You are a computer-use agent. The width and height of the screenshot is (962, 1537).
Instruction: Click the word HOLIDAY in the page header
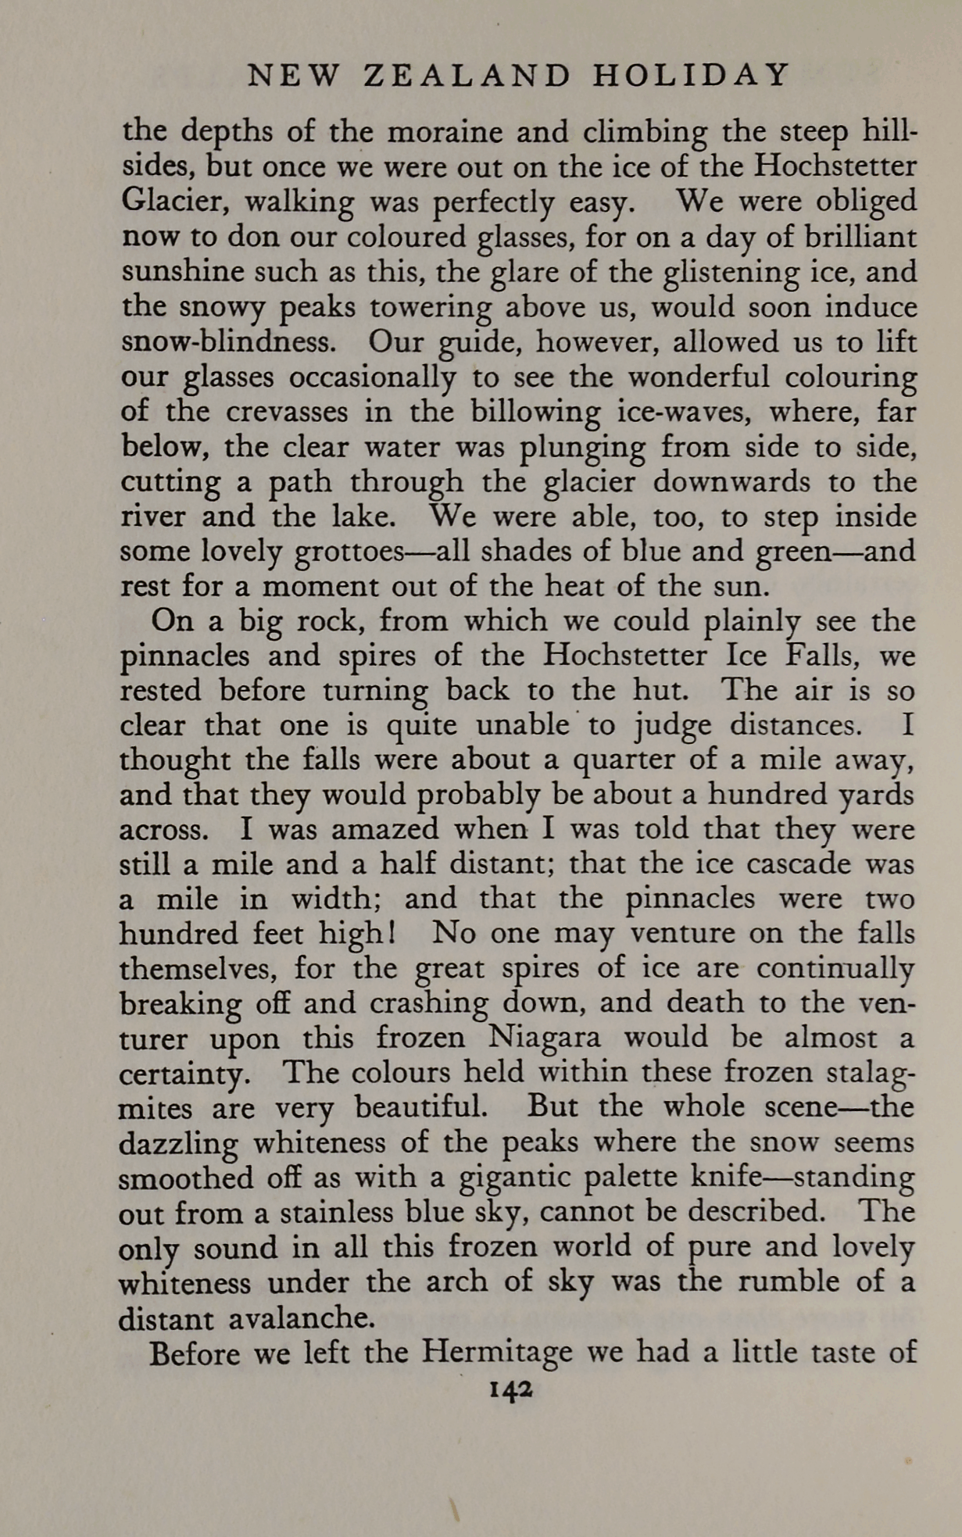692,75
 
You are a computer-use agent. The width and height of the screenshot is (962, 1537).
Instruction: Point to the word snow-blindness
236,342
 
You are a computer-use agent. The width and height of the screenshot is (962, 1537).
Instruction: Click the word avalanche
301,1318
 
